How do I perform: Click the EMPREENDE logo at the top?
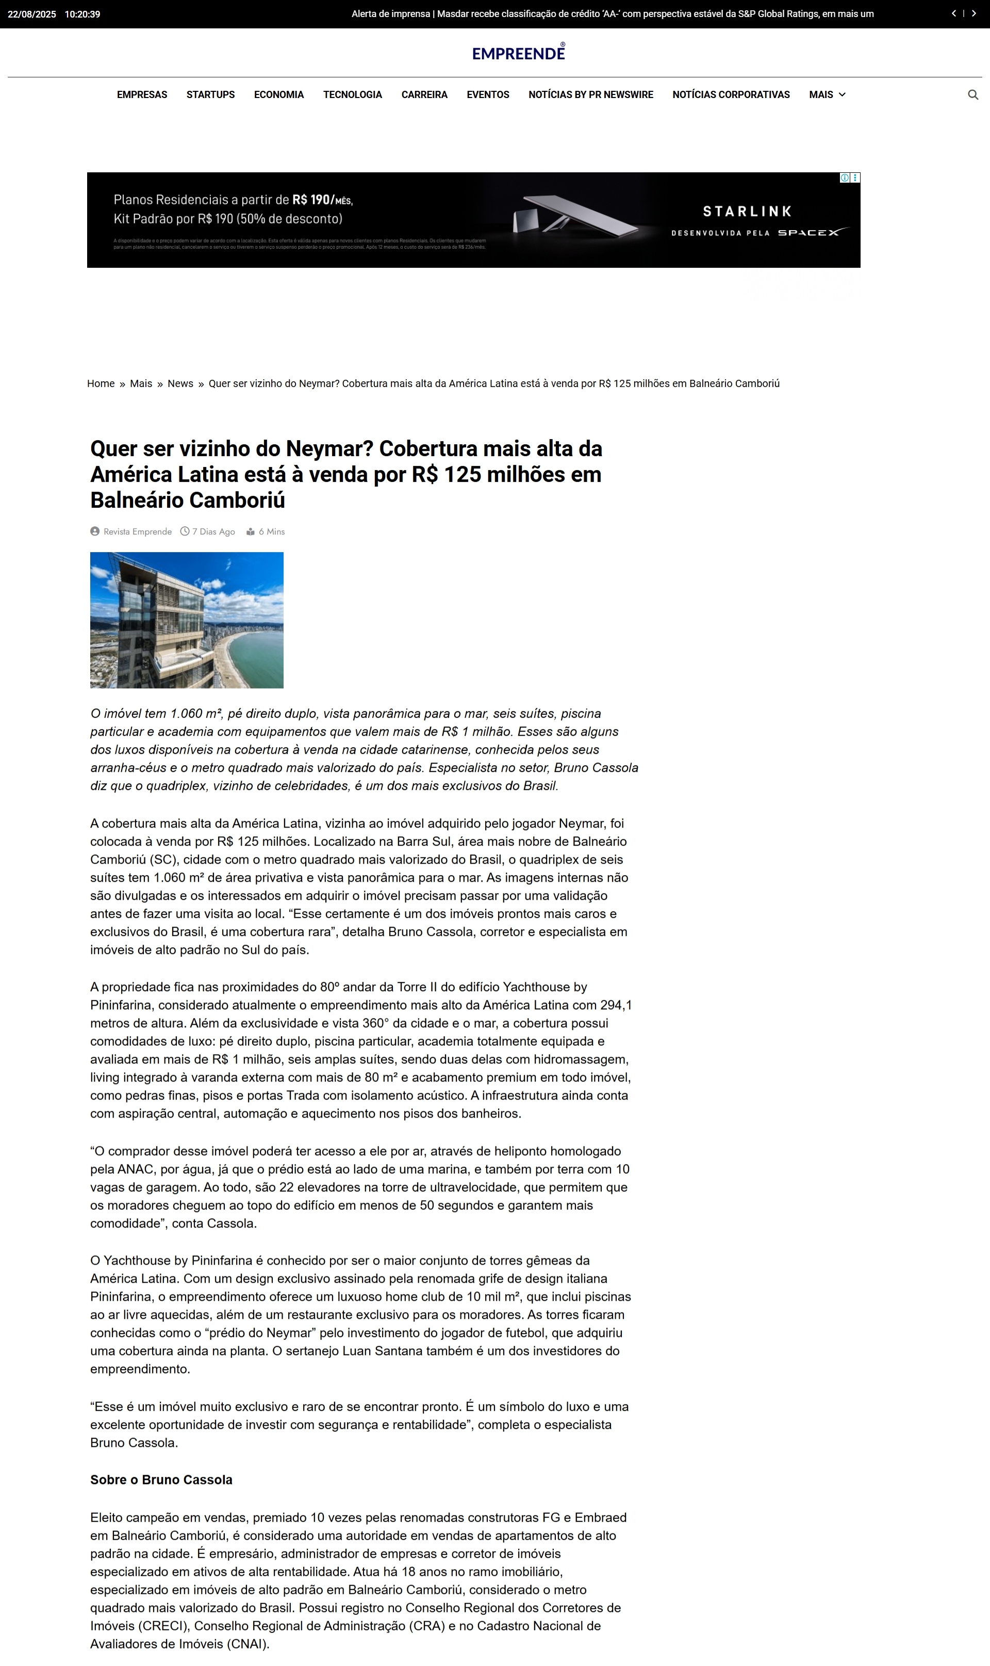518,53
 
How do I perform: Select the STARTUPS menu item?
210,95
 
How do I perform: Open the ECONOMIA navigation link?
279,95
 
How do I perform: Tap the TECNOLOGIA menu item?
352,95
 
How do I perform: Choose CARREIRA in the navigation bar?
424,95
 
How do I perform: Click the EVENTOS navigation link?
488,95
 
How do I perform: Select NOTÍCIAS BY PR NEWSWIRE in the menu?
590,95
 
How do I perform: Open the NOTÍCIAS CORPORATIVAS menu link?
731,95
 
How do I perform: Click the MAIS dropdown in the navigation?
827,95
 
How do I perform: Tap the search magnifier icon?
972,95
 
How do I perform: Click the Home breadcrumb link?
101,384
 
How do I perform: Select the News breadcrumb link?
180,384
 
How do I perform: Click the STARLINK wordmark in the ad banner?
747,212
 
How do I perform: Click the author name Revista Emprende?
138,532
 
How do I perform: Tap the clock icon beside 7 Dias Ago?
185,531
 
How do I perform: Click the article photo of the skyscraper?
187,620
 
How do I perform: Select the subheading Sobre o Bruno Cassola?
161,1480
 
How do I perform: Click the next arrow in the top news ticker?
973,13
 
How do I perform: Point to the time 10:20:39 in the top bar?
82,14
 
